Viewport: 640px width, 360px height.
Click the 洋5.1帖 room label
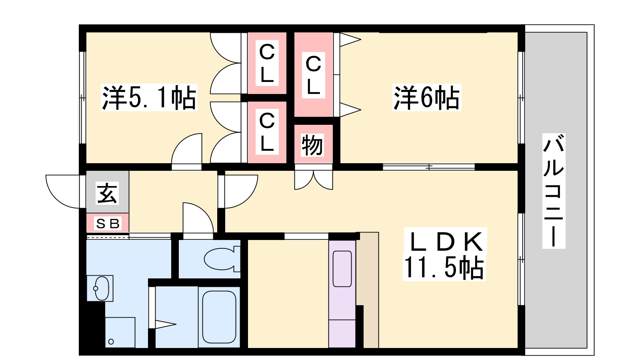tap(149, 98)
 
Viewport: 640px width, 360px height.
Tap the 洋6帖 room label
tap(426, 98)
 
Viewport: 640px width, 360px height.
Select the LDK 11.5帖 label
tap(444, 254)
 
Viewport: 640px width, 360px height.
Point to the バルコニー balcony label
tap(554, 191)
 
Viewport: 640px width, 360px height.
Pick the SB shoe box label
tap(108, 224)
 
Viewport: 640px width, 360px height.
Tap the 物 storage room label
tap(313, 145)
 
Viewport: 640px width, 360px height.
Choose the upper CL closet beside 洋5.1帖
tap(267, 63)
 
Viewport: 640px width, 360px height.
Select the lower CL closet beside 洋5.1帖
tap(267, 132)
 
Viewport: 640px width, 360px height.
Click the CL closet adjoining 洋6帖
tap(314, 75)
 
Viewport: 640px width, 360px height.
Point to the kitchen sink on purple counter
tap(342, 269)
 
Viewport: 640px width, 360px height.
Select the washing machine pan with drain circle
tap(120, 332)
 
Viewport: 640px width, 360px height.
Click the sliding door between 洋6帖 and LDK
tap(429, 167)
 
